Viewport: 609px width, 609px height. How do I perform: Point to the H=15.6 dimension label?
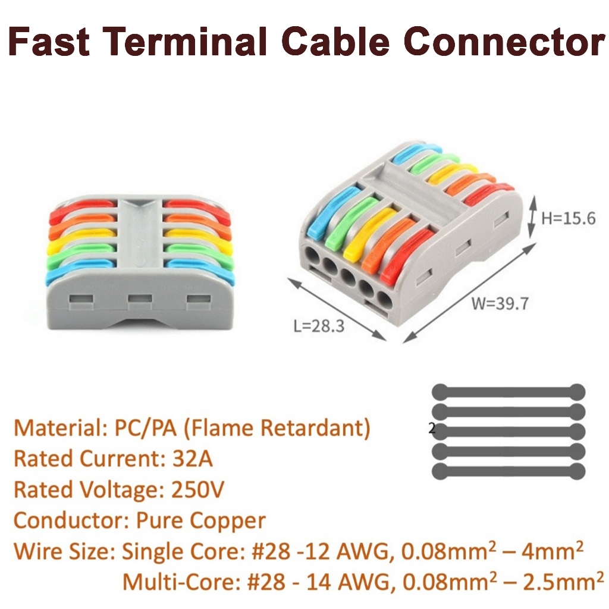pyautogui.click(x=568, y=218)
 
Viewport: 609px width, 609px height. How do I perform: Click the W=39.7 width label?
pyautogui.click(x=500, y=303)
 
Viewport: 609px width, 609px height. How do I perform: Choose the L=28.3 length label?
pyautogui.click(x=319, y=325)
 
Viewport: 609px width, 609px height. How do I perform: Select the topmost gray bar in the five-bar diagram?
pyautogui.click(x=508, y=392)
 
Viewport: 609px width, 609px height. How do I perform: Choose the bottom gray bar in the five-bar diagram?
pyautogui.click(x=508, y=472)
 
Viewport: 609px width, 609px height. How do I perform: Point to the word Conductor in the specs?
pyautogui.click(x=65, y=520)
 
